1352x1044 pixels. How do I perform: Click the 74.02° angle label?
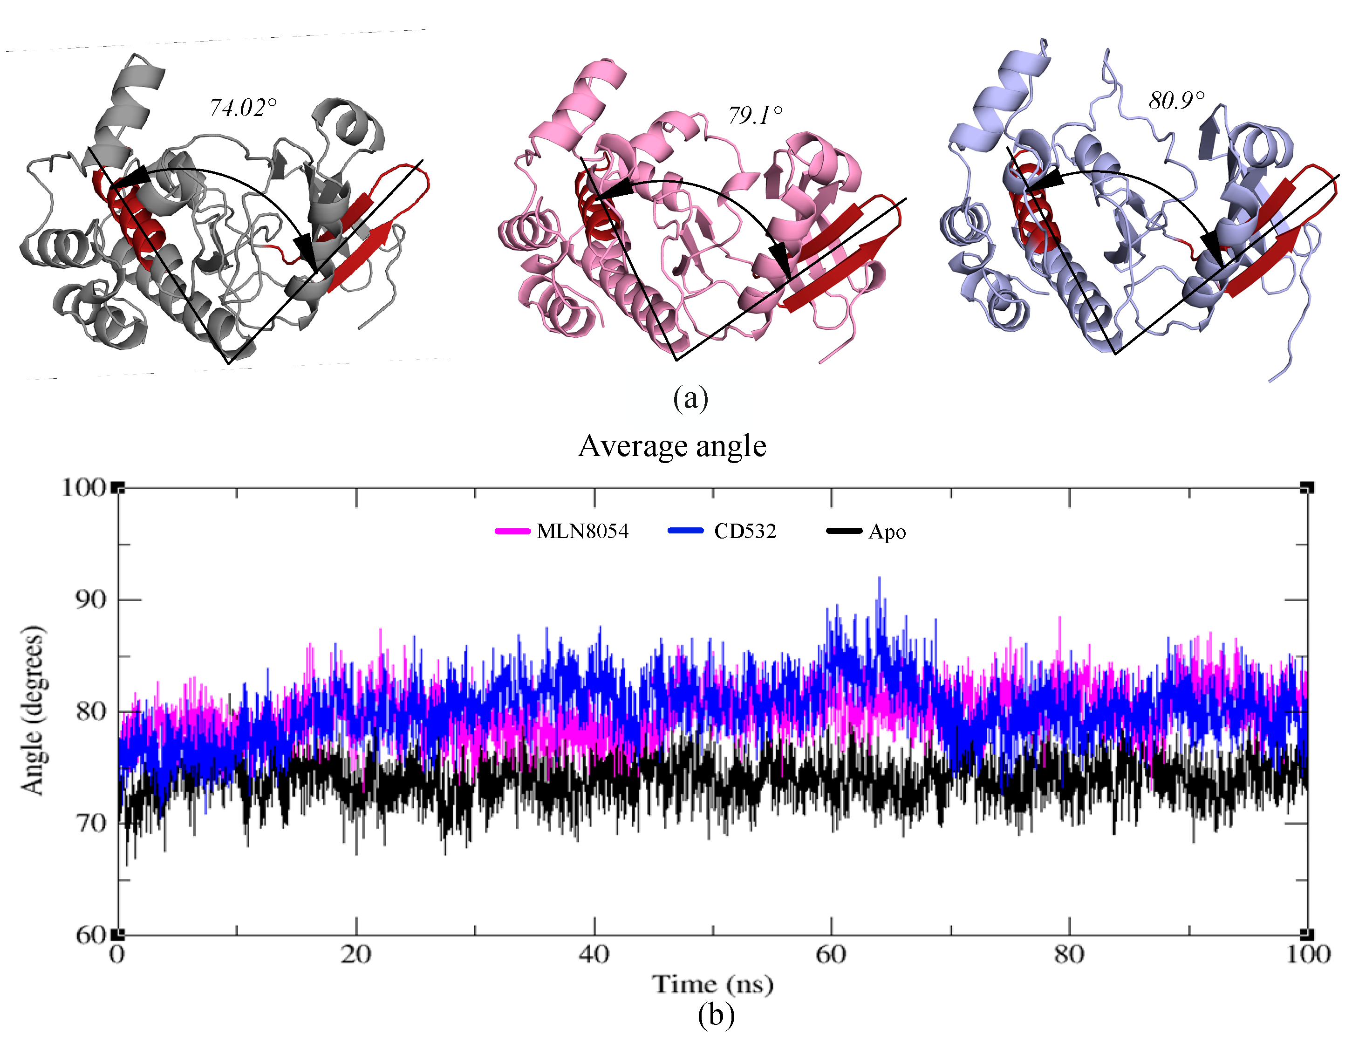pyautogui.click(x=242, y=108)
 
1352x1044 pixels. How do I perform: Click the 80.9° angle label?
pyautogui.click(x=1176, y=100)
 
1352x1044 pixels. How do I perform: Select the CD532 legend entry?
pyautogui.click(x=723, y=531)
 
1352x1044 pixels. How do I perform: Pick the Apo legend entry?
pyautogui.click(x=867, y=532)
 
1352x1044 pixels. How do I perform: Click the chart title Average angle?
pyautogui.click(x=672, y=445)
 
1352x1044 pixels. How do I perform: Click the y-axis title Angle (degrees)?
pyautogui.click(x=33, y=710)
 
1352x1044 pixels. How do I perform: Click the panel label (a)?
pyautogui.click(x=690, y=398)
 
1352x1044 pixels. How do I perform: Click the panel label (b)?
pyautogui.click(x=716, y=1015)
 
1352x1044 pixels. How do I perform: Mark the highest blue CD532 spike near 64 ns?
pyautogui.click(x=879, y=579)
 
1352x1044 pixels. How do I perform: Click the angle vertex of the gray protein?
pyautogui.click(x=228, y=363)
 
